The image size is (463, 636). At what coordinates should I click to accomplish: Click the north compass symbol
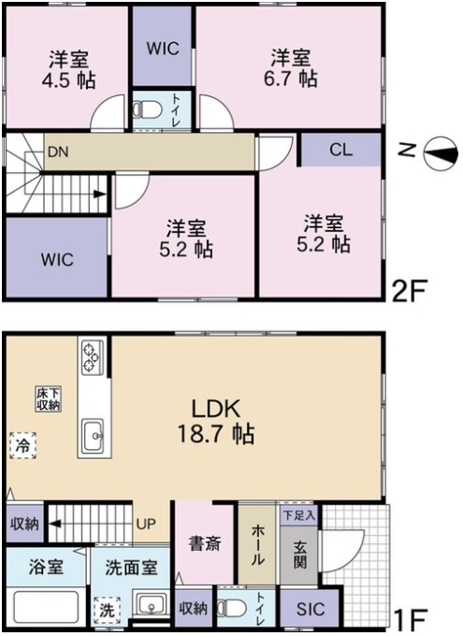pos(441,153)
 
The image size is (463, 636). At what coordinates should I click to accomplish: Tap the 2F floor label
pos(409,290)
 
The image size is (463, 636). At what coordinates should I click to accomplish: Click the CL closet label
pos(340,151)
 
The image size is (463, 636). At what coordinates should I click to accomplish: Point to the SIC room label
pos(311,609)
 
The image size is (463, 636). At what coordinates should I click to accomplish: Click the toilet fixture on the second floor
pos(147,109)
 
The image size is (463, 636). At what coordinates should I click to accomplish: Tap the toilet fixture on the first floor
pos(232,607)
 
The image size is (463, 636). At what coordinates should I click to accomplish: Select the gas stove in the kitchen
pos(92,357)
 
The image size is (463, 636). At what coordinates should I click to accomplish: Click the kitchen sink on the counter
pos(94,436)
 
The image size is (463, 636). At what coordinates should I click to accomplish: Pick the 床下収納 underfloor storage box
pos(49,398)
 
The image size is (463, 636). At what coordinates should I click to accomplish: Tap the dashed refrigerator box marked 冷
pos(22,445)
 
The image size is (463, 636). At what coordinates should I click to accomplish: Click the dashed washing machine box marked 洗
pos(107,611)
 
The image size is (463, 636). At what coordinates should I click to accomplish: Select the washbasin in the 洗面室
pos(151,605)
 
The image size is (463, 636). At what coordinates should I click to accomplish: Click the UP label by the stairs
pos(146,524)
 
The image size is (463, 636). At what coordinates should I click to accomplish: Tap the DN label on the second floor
pos(58,152)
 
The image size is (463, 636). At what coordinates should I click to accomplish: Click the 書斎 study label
pos(205,543)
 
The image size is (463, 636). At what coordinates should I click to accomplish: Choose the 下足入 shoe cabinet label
pos(298,515)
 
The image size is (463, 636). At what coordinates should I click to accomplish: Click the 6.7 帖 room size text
pos(290,79)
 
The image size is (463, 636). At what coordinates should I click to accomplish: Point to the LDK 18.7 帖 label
pos(216,421)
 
